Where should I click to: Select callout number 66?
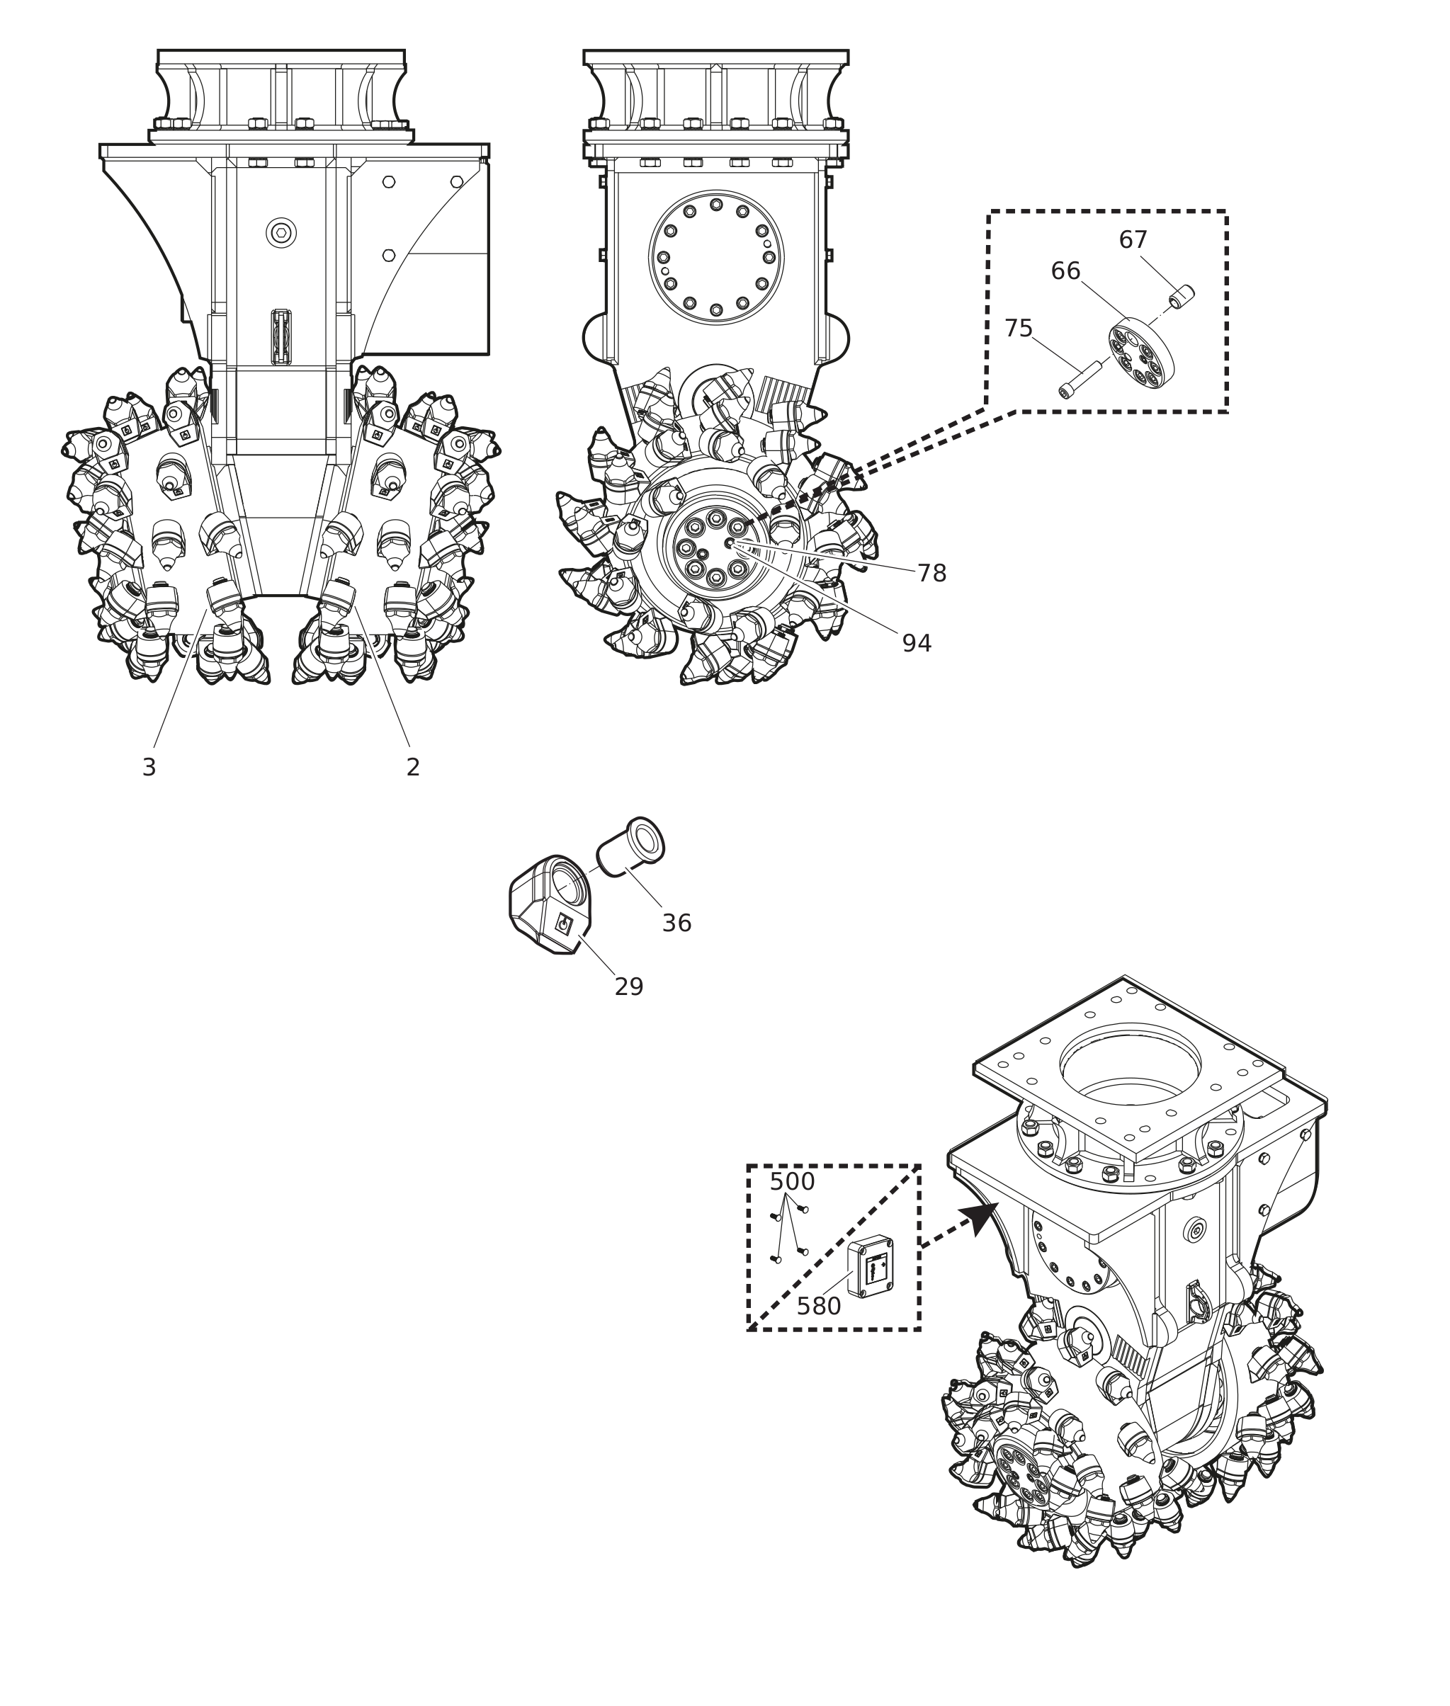[x=1065, y=271]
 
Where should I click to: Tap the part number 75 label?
[x=1018, y=329]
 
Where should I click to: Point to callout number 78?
[x=931, y=574]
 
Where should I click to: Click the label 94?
[x=917, y=644]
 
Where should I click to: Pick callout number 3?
[x=149, y=768]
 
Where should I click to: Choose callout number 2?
[x=413, y=768]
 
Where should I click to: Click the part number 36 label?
[x=676, y=923]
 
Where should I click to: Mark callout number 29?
[x=629, y=987]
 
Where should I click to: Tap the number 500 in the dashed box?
[x=791, y=1182]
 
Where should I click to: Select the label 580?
[x=819, y=1307]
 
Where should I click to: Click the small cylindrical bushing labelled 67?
[x=1183, y=295]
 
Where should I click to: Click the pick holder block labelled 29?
[x=548, y=903]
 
